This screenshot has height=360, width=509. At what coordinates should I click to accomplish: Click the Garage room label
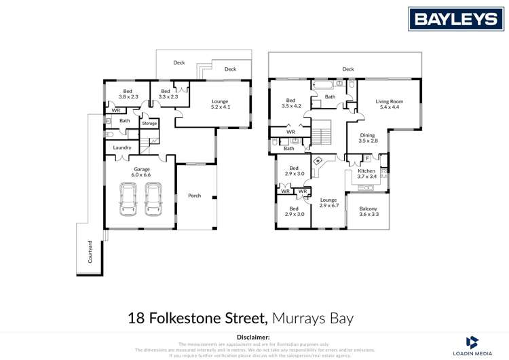(141, 169)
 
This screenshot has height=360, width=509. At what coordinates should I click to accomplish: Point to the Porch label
(194, 196)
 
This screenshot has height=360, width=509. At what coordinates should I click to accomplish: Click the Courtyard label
(89, 251)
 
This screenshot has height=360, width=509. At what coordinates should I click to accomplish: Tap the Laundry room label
(122, 147)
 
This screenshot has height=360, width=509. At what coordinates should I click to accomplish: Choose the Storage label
(149, 124)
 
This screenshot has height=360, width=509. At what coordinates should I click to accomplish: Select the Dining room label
(367, 135)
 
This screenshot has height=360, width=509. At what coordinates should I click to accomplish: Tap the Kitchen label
(366, 170)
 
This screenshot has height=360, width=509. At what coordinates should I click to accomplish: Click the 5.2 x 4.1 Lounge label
(221, 107)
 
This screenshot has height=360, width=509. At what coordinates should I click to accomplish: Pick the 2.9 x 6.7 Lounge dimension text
(329, 205)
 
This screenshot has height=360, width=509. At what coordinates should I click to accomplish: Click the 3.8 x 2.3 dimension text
(128, 97)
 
